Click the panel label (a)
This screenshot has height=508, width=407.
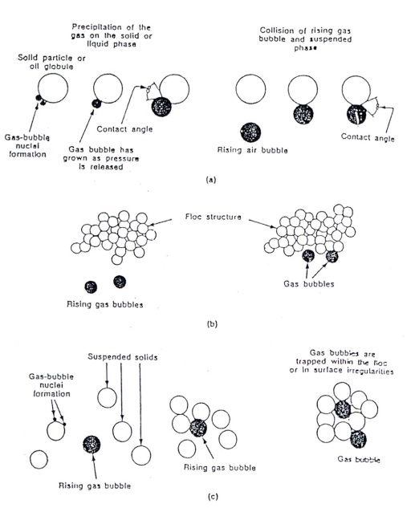[x=211, y=180]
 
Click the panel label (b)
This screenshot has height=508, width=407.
[x=212, y=323]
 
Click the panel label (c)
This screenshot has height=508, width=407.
[x=212, y=496]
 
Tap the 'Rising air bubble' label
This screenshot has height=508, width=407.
[x=252, y=150]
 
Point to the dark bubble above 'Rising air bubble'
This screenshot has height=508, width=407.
[x=250, y=132]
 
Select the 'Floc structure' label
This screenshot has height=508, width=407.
[x=214, y=217]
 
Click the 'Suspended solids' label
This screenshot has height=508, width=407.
[x=123, y=357]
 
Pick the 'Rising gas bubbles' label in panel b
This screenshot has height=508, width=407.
[x=105, y=304]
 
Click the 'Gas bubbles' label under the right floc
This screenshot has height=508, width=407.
[x=309, y=284]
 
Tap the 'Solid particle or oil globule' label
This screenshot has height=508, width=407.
[x=51, y=63]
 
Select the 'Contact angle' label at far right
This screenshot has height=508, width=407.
[x=368, y=137]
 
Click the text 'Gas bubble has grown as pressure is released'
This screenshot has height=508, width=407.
[x=101, y=158]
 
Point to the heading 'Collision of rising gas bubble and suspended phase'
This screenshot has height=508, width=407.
[x=305, y=39]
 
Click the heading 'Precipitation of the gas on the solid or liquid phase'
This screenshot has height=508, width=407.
[x=112, y=35]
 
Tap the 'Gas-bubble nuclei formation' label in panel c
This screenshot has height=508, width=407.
[x=51, y=385]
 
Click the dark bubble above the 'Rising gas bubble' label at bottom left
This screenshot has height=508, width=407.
[x=92, y=444]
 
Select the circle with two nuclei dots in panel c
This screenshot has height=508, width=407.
[x=56, y=431]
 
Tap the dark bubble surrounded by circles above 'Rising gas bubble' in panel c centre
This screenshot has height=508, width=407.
[x=198, y=428]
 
